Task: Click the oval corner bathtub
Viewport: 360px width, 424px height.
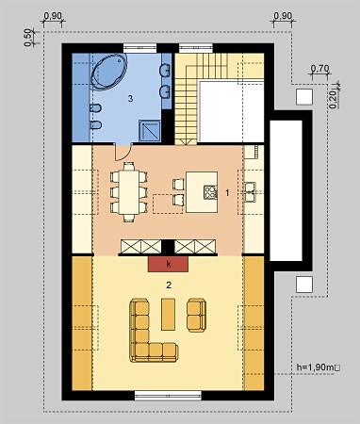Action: [110, 73]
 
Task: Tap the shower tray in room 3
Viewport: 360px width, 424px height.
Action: [147, 129]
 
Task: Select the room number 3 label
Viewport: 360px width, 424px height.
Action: [131, 97]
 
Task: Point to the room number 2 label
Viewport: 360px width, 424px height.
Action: [168, 284]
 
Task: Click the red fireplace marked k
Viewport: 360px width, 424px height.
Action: [168, 266]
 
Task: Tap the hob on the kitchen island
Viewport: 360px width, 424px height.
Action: [209, 194]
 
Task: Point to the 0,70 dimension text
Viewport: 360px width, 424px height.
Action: [319, 68]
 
